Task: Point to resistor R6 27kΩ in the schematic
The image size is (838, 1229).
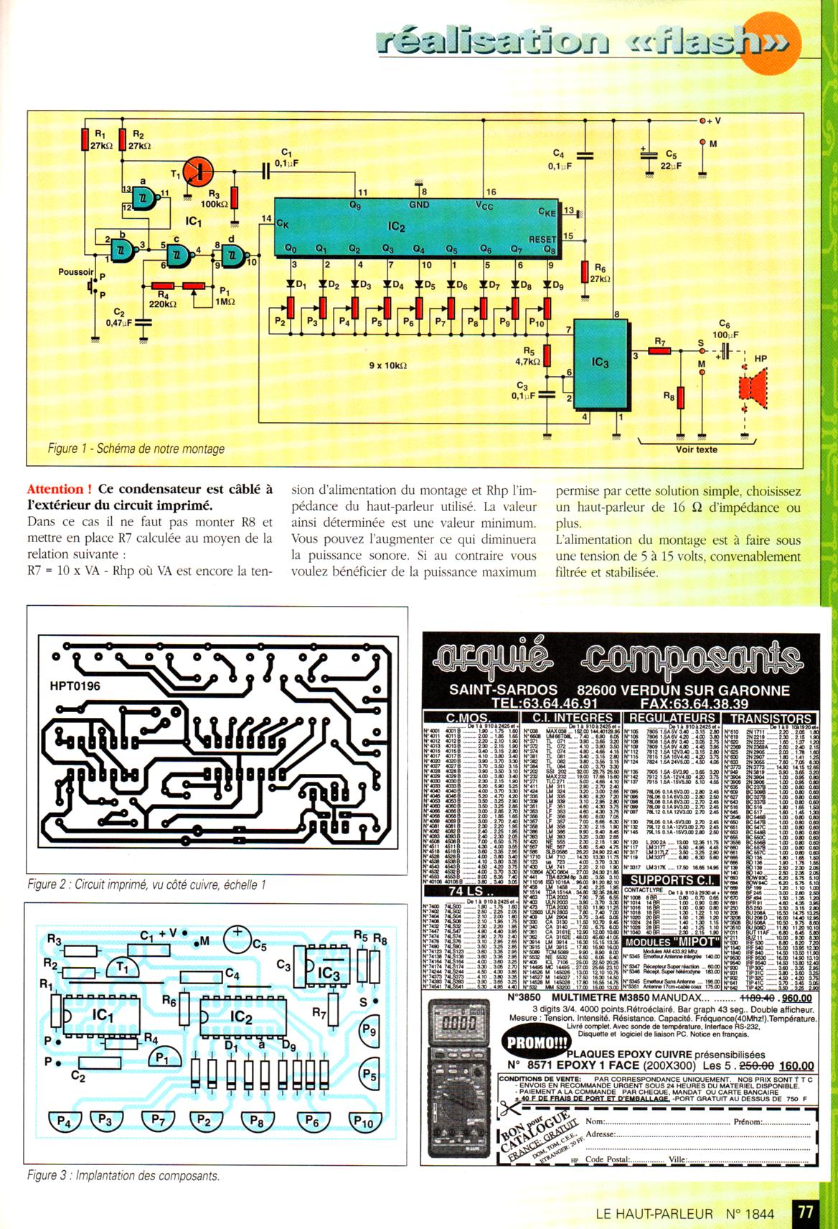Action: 583,273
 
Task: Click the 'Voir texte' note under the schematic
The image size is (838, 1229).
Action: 696,450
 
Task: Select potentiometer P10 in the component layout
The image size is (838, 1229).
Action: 364,1121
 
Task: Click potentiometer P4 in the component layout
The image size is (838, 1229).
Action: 64,1121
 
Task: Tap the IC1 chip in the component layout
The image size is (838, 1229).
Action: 100,1016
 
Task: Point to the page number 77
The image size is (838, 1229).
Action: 806,1211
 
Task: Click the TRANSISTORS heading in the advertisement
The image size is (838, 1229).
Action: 771,718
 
